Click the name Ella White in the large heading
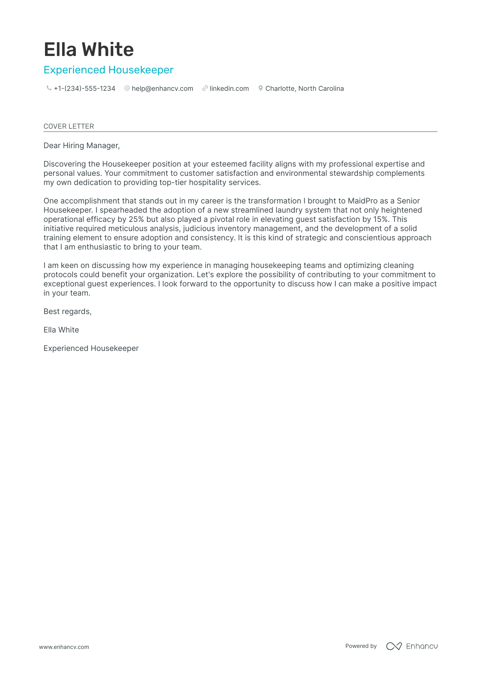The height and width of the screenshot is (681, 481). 89,49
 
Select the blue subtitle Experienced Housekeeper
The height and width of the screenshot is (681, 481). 108,70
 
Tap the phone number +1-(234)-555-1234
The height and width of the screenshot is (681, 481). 85,88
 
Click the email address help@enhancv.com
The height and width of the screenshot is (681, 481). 162,88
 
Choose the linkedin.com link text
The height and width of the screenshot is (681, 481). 229,88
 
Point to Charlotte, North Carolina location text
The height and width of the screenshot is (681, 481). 304,88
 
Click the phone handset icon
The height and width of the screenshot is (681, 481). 49,88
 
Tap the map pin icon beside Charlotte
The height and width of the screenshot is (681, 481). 261,88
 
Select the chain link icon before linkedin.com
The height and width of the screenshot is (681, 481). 205,88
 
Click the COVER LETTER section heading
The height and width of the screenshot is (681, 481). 69,126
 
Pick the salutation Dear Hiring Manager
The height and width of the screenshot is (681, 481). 82,146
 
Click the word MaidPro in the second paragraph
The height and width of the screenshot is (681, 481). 363,201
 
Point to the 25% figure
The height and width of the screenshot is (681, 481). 136,219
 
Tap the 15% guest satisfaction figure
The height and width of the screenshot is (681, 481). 381,219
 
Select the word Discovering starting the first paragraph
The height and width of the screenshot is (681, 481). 65,164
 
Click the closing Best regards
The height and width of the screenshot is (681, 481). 68,311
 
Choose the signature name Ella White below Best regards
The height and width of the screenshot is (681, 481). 61,330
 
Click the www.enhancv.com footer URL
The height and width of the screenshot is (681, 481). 64,647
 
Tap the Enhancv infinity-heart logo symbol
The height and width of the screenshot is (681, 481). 394,646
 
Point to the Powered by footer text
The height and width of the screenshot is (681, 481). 361,646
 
